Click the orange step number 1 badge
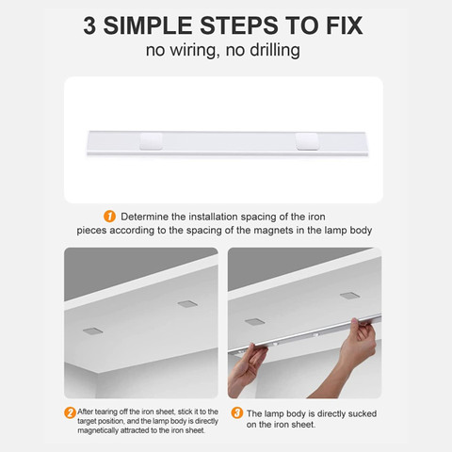click(109, 217)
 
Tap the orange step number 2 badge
click(70, 412)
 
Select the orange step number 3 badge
click(237, 412)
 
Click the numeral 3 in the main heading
click(89, 25)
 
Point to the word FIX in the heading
click(345, 25)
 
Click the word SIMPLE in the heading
click(148, 25)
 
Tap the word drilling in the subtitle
click(275, 50)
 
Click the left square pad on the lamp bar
click(151, 141)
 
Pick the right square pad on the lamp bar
click(307, 141)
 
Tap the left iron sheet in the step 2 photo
click(92, 331)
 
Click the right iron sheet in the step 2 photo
click(187, 303)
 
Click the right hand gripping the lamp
click(358, 355)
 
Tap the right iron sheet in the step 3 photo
click(350, 296)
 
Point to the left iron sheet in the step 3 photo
click(254, 322)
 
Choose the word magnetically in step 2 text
click(98, 430)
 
